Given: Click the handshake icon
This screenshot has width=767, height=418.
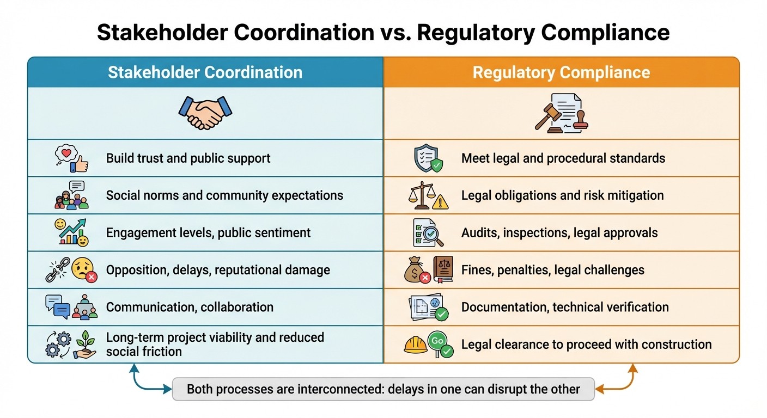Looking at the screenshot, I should pos(205,113).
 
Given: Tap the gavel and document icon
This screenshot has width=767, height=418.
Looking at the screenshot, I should pos(561,113).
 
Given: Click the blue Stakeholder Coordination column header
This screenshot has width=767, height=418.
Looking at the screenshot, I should pos(205,72).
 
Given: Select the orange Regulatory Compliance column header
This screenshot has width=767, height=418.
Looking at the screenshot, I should pos(561,72).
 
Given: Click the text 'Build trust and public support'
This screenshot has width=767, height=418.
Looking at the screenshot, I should pos(188,158).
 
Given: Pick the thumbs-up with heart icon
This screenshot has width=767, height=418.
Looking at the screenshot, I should pos(71,158).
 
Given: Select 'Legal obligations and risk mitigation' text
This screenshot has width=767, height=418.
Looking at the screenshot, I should pos(562,195).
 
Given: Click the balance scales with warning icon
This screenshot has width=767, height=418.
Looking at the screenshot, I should pos(428,196).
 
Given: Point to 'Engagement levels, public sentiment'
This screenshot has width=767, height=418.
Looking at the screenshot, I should pos(208,233).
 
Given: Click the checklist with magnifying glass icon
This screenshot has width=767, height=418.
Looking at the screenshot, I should pos(428,233).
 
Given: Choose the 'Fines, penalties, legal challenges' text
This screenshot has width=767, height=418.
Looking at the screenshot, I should pos(552,270).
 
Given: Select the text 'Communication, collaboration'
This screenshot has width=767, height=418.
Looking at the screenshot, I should pos(190,307).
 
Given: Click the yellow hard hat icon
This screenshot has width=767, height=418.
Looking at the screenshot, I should pos(415,345).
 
